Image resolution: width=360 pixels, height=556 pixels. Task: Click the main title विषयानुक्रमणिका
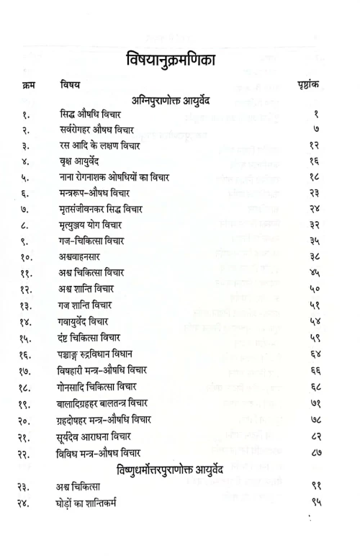[x=179, y=55]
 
